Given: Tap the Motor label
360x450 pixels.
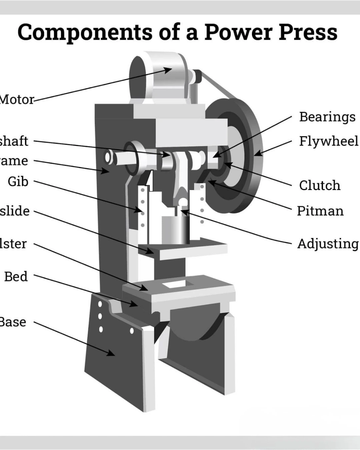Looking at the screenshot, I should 17,99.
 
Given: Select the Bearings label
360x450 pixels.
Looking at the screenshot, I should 327,117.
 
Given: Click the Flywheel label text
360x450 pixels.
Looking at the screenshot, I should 328,141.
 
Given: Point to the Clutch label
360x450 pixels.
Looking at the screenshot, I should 320,185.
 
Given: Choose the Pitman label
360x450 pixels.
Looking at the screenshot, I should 320,211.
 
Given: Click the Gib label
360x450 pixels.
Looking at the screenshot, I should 18,182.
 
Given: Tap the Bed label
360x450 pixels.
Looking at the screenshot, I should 16,277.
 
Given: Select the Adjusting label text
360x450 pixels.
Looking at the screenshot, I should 328,244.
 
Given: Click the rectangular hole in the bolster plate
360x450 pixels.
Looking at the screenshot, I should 175,284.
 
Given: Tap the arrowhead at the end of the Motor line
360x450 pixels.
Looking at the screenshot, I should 168,70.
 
